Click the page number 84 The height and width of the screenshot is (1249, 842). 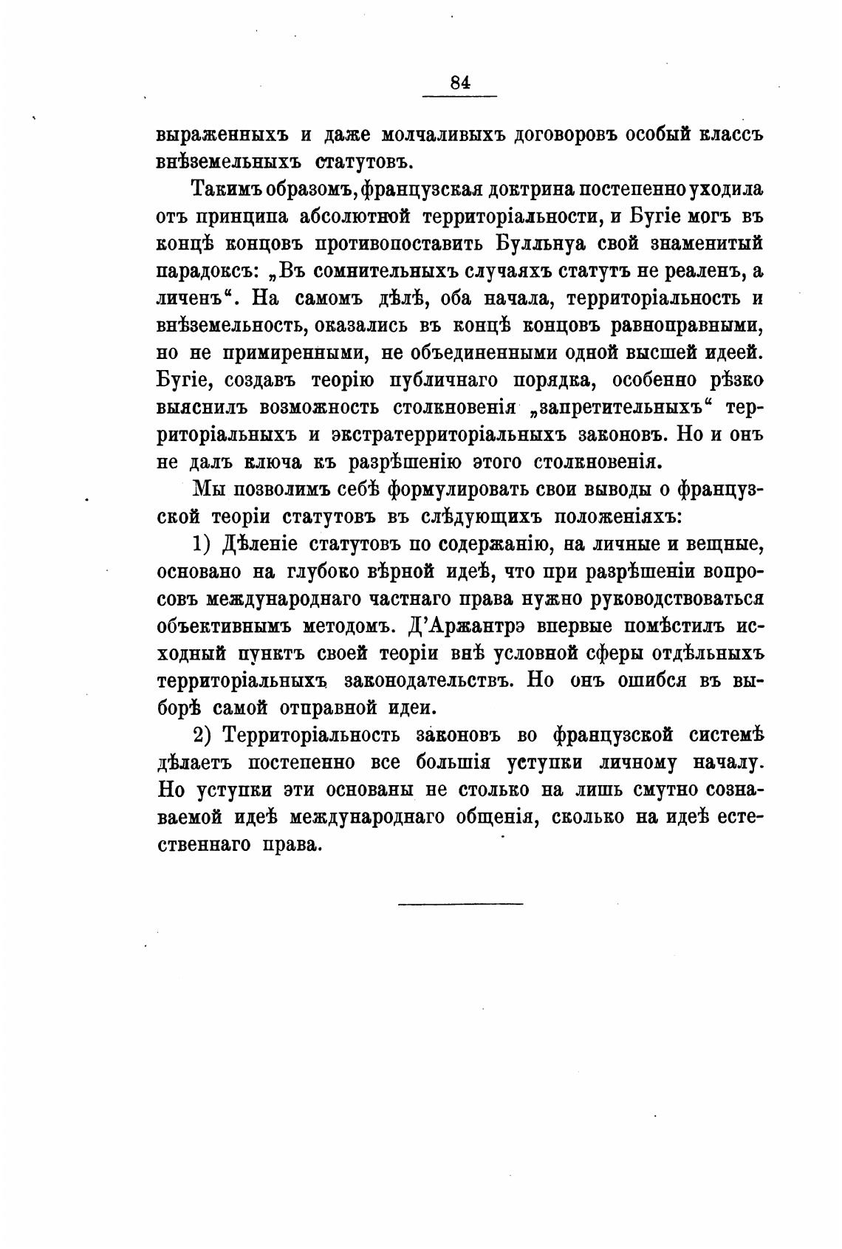[459, 83]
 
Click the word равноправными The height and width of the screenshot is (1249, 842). [687, 325]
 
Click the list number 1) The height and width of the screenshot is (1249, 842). [203, 544]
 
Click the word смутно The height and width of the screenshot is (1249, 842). [665, 789]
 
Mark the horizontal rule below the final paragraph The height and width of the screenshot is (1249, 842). [459, 903]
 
